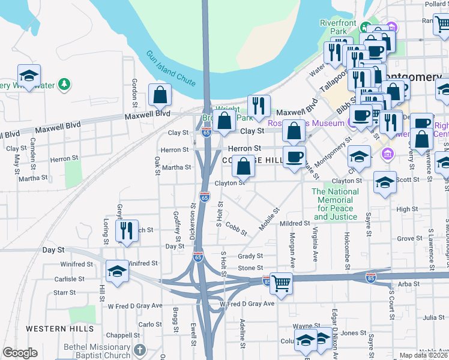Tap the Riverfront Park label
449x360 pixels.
coord(338,27)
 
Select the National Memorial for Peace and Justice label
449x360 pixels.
coord(335,205)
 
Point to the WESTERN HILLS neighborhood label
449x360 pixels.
coord(59,329)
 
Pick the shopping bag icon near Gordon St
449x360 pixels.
coord(160,95)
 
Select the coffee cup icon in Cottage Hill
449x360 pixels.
coord(294,157)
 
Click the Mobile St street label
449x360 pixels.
coord(270,220)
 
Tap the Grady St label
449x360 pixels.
coord(250,256)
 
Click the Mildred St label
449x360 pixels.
coord(294,223)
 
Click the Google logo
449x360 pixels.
coord(20,353)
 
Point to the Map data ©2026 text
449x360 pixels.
coord(423,356)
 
